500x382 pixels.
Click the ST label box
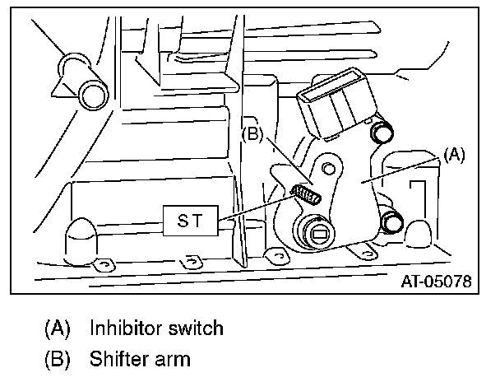coord(191,220)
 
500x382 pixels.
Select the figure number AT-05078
coord(436,282)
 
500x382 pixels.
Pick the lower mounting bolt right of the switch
coord(392,221)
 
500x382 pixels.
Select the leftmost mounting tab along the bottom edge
coord(103,263)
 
